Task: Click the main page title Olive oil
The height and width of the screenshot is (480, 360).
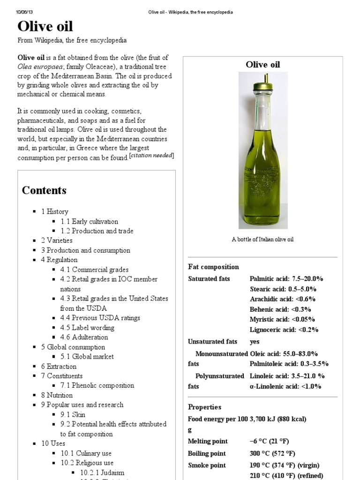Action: (45, 26)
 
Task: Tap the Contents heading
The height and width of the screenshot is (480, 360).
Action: (44, 190)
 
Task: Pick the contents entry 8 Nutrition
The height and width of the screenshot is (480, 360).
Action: (60, 395)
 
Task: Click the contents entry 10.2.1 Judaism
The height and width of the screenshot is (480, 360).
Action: (102, 472)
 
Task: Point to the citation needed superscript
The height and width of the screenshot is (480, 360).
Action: (152, 156)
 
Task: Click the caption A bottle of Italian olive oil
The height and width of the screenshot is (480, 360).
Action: (262, 240)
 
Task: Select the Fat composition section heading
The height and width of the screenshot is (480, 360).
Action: (213, 267)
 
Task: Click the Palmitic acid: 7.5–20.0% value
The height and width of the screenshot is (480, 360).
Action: (286, 278)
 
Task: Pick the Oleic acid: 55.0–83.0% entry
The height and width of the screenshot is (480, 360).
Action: (284, 353)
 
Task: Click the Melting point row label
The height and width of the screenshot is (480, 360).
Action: (208, 441)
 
